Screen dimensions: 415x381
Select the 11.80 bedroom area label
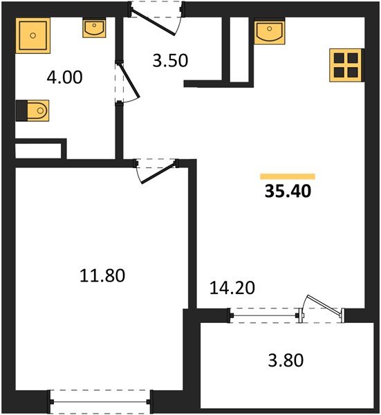[x=102, y=277]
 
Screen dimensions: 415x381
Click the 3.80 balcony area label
[x=286, y=360]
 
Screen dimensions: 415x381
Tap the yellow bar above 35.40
[x=288, y=176]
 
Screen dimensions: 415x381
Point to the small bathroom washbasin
[x=93, y=28]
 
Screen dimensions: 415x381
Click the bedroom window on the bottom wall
[x=100, y=400]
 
